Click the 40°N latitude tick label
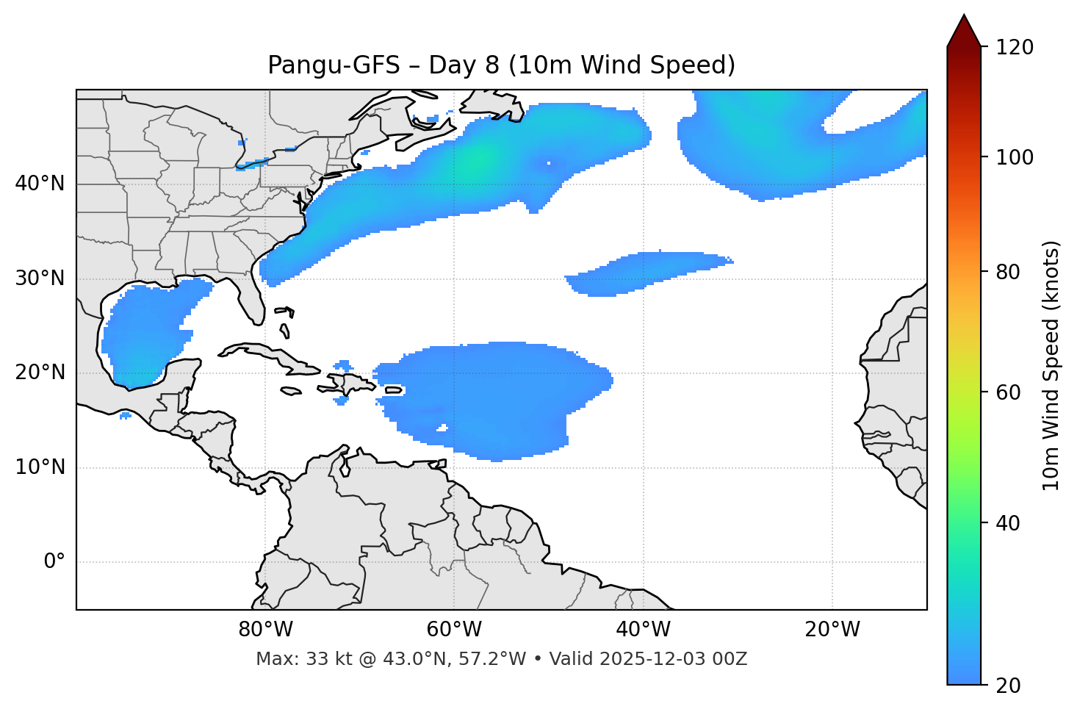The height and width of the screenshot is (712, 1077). click(x=40, y=184)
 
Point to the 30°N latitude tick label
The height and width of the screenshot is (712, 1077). click(x=40, y=278)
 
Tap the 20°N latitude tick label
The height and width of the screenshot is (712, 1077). click(x=40, y=373)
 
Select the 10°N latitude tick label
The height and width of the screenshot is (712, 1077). click(x=40, y=467)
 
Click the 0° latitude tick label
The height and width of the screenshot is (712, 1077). click(x=54, y=562)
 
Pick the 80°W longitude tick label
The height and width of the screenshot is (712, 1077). click(x=265, y=630)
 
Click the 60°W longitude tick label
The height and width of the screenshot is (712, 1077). click(x=454, y=630)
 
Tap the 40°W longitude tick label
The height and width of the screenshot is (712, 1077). click(x=643, y=630)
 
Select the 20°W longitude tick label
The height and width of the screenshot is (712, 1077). click(x=832, y=630)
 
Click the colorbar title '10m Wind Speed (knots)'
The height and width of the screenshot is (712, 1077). click(x=1051, y=365)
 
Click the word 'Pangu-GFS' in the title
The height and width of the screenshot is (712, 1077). click(x=334, y=65)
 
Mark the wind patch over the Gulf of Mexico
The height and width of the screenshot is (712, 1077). click(x=147, y=334)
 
